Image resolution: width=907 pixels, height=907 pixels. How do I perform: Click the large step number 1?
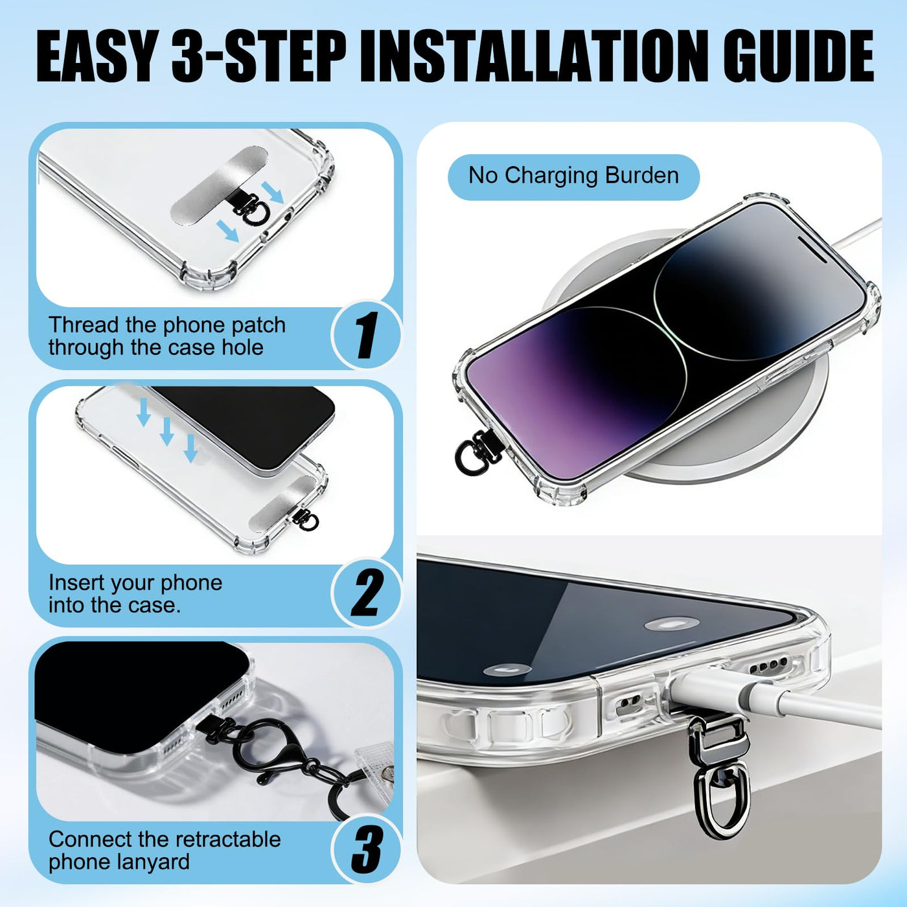click(x=367, y=335)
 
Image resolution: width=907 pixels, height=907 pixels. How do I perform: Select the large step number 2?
click(x=366, y=593)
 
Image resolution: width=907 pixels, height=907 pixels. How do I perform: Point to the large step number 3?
click(x=367, y=849)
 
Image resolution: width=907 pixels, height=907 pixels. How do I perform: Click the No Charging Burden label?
click(x=573, y=176)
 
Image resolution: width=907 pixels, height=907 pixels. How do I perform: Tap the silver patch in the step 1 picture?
click(x=220, y=186)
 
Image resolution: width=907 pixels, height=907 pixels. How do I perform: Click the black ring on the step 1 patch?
click(x=258, y=213)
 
